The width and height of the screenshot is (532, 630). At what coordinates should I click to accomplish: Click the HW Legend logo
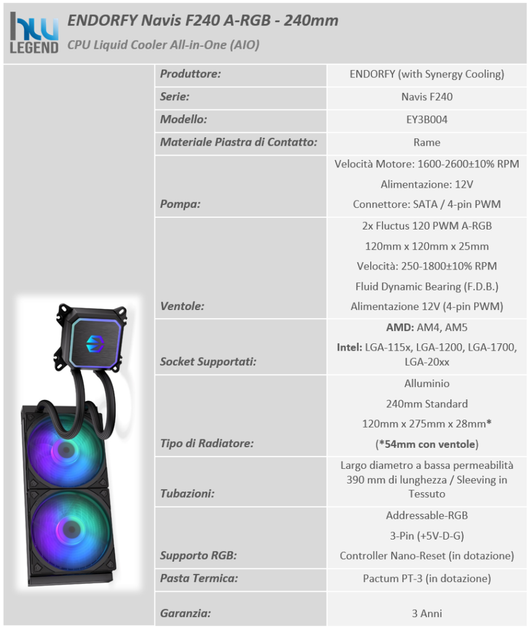click(34, 33)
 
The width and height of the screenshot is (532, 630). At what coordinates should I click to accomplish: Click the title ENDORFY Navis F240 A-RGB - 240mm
click(203, 20)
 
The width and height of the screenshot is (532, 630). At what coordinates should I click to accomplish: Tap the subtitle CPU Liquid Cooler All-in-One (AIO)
click(164, 44)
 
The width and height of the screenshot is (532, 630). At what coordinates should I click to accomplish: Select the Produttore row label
click(190, 74)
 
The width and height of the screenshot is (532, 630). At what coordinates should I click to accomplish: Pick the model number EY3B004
click(427, 120)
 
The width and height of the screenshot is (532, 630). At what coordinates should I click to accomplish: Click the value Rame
click(427, 142)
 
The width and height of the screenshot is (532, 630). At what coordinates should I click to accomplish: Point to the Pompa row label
click(180, 204)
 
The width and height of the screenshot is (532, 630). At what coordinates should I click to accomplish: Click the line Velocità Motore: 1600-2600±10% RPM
click(427, 164)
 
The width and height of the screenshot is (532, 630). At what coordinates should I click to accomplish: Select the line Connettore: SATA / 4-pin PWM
click(427, 204)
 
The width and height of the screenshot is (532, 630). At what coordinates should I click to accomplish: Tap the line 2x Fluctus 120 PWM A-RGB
click(427, 226)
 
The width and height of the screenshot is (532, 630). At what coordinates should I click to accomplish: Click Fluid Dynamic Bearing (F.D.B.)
click(427, 287)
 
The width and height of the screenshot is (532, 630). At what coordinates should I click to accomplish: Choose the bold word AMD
click(399, 327)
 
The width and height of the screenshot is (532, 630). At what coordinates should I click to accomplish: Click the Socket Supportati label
click(208, 362)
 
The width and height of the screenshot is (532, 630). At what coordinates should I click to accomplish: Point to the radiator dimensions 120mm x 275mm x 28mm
click(424, 424)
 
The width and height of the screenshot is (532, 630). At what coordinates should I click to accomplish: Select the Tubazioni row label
click(187, 493)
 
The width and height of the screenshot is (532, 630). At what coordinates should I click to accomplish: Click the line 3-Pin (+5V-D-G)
click(427, 536)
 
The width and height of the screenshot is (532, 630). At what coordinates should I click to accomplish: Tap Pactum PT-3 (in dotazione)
click(427, 578)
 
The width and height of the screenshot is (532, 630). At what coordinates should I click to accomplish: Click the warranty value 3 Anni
click(427, 613)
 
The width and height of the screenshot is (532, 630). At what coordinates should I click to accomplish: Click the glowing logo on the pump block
click(95, 343)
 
